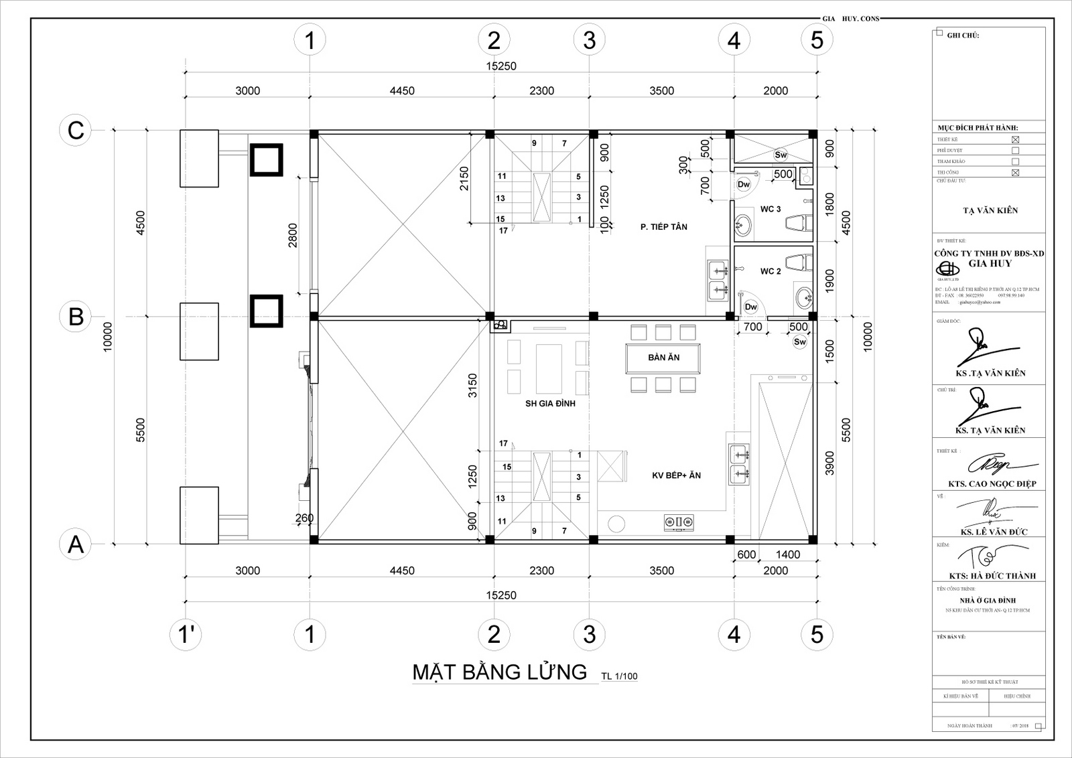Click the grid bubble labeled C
(x=76, y=130)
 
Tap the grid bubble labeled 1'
(x=186, y=634)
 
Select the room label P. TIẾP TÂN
(x=663, y=227)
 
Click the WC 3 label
(x=770, y=209)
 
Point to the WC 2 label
(x=770, y=271)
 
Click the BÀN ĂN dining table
(x=663, y=358)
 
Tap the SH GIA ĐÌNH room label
(x=549, y=403)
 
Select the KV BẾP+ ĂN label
(x=676, y=475)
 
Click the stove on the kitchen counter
(x=678, y=522)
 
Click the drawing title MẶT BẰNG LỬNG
(x=500, y=672)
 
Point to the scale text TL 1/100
(x=619, y=676)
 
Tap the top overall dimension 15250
(x=501, y=66)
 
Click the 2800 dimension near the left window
(x=293, y=235)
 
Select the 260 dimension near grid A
(x=304, y=518)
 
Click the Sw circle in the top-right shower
(x=781, y=155)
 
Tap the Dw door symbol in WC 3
(x=744, y=184)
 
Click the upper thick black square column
(x=266, y=159)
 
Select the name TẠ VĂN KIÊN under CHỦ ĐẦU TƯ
(x=990, y=210)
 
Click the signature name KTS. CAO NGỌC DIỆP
(x=992, y=483)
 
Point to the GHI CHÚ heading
(x=963, y=35)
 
